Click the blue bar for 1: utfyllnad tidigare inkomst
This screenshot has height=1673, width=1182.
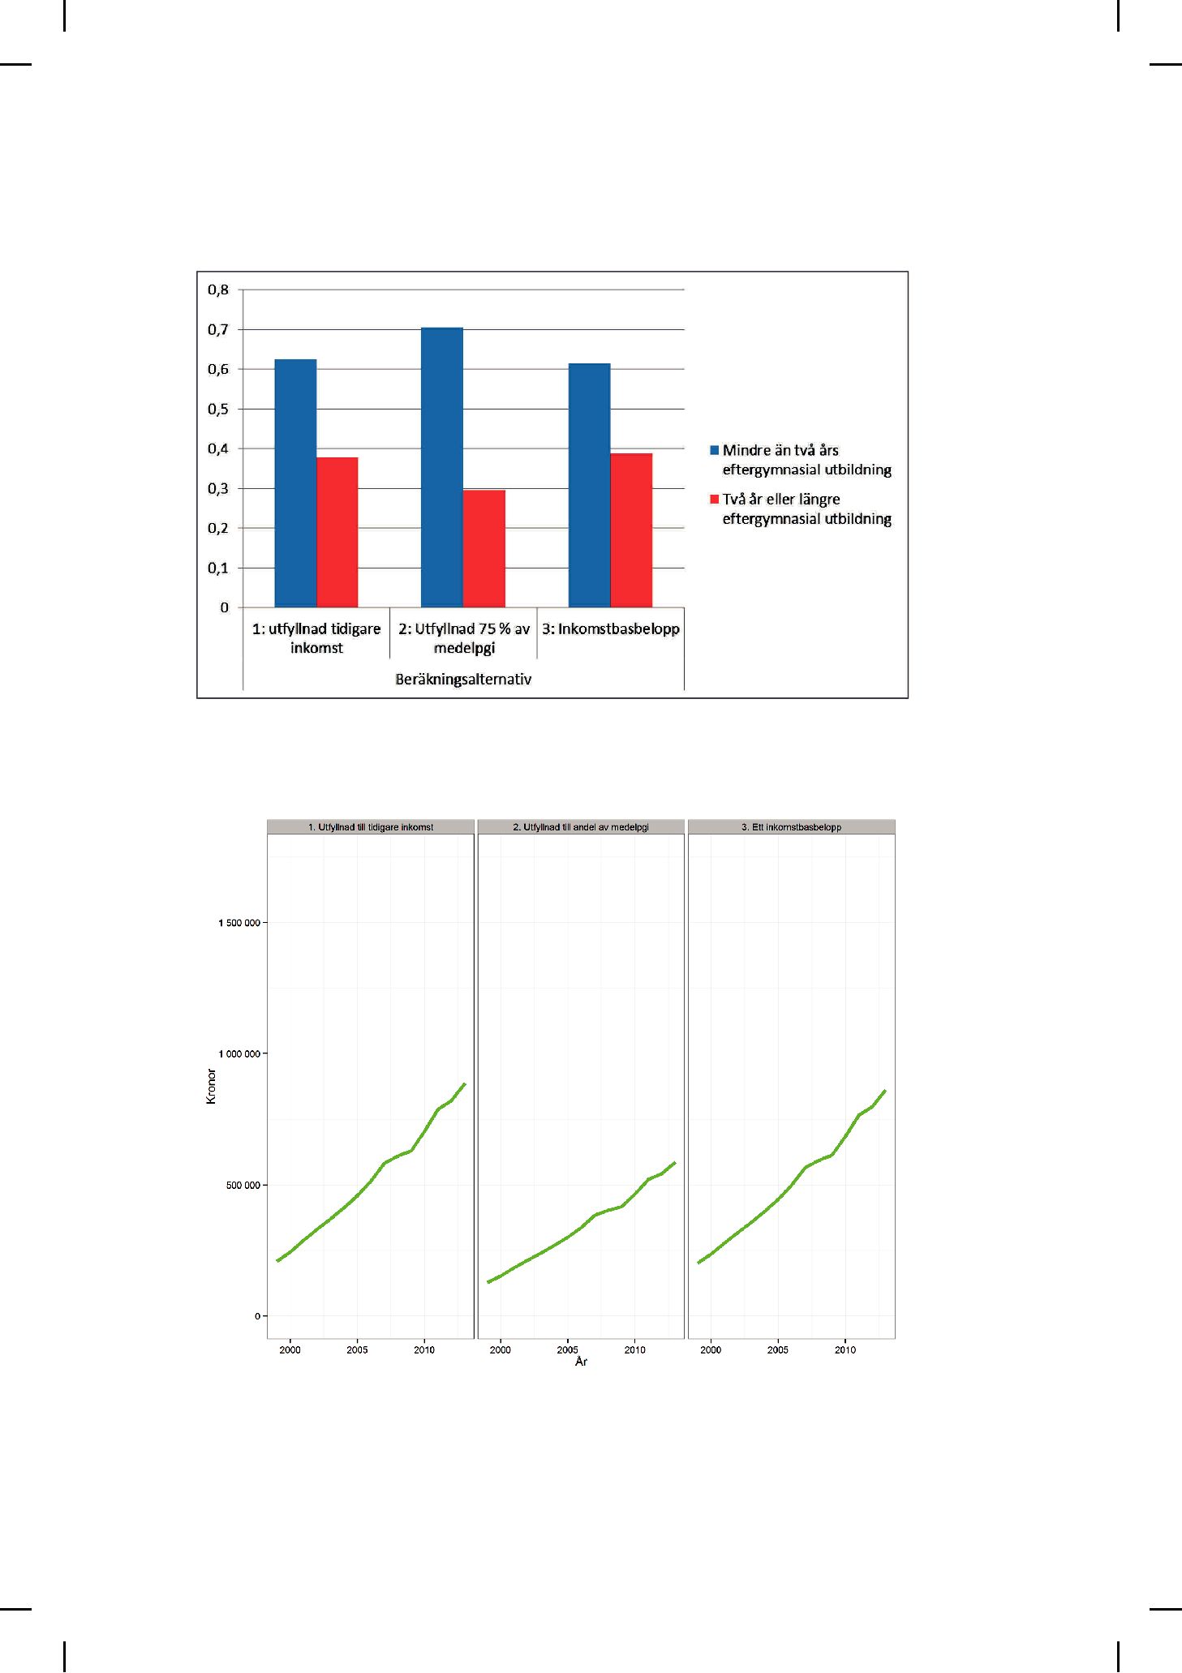point(295,483)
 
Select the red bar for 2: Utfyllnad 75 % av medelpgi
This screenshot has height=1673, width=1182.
point(484,549)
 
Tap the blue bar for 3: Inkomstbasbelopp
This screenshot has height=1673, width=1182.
point(589,486)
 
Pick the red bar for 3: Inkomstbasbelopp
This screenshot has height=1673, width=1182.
point(631,530)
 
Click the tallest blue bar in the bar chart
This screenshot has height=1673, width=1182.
point(442,468)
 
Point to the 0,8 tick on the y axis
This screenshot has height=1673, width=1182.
point(219,290)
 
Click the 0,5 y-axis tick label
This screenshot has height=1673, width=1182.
point(219,409)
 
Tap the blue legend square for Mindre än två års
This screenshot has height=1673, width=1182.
point(715,450)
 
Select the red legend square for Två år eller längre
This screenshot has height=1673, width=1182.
point(715,499)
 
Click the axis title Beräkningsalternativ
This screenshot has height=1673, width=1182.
point(463,679)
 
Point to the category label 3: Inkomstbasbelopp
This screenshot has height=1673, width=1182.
point(611,628)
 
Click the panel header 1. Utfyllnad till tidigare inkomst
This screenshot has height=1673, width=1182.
point(371,827)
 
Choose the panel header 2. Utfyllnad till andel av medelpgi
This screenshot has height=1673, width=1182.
point(581,827)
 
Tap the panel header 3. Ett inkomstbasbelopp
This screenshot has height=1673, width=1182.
point(792,827)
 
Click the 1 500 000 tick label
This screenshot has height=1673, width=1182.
point(239,923)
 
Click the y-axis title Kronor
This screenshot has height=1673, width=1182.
point(212,1086)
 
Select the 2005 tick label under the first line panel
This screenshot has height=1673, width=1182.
point(357,1350)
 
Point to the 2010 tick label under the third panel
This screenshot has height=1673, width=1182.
point(845,1350)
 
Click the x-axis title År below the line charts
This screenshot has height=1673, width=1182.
point(581,1362)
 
